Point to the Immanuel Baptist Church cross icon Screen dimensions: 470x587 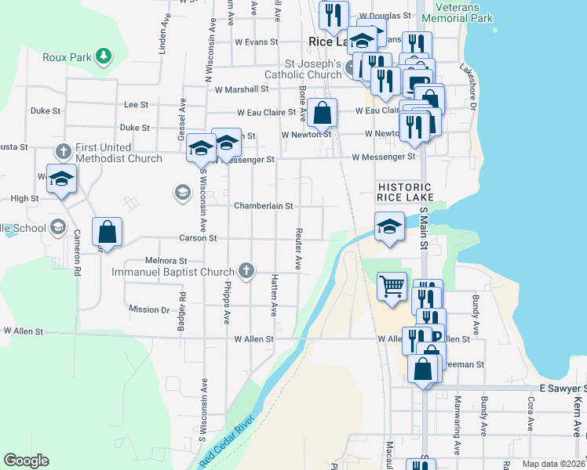tap(246, 271)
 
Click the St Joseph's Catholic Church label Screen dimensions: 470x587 tap(302, 69)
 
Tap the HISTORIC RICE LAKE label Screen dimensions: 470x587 tap(404, 192)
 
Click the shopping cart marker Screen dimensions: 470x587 tap(392, 285)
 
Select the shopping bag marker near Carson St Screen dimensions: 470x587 tap(107, 232)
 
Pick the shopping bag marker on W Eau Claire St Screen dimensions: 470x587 tap(322, 113)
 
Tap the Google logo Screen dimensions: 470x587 tap(26, 461)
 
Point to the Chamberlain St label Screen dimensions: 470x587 tap(263, 206)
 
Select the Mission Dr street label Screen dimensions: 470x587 tap(149, 310)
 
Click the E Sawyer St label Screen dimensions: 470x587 tap(562, 389)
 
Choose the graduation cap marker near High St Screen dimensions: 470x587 tap(61, 179)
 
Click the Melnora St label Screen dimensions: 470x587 tap(166, 261)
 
